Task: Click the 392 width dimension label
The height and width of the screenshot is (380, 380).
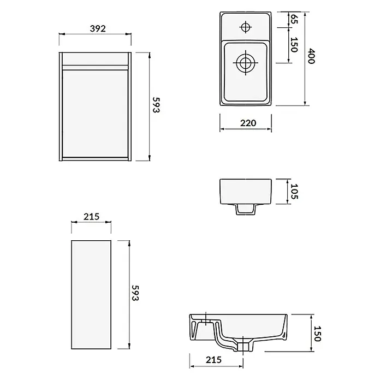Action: pos(98,28)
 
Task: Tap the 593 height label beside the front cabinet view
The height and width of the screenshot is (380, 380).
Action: pos(156,105)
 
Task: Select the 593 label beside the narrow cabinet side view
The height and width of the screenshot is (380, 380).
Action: pos(135,293)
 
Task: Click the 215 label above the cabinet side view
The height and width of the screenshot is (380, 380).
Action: pos(91,216)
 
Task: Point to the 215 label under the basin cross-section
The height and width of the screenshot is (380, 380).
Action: pos(213,360)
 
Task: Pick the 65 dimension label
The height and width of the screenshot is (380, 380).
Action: pos(294,19)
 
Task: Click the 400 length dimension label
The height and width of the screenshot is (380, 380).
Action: pos(311,56)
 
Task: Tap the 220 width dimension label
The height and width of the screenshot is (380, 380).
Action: pos(248,123)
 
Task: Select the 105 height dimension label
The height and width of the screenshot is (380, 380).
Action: pos(294,192)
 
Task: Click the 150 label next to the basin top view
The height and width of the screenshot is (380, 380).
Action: pos(294,45)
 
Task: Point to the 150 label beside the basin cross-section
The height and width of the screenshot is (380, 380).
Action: pos(317,334)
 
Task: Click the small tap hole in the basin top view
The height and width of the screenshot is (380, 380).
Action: pos(246,27)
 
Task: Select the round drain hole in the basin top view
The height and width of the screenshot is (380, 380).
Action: pos(246,63)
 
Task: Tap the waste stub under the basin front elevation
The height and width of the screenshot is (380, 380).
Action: pos(246,209)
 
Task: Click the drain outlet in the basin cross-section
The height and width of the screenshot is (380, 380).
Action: pos(242,347)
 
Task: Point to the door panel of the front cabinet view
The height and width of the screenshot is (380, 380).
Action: pos(95,114)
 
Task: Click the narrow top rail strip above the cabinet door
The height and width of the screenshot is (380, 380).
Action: pos(95,68)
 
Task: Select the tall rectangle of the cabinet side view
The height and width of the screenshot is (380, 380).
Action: pos(91,295)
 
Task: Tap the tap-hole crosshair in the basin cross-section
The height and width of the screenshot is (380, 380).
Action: pos(206,319)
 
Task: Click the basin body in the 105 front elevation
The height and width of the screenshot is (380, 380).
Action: pos(246,192)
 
